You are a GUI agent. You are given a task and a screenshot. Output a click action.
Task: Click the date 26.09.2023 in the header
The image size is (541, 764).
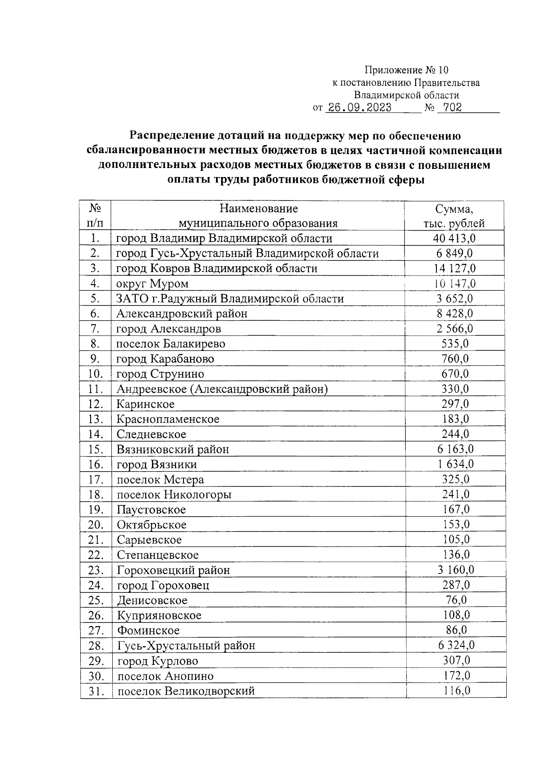359,108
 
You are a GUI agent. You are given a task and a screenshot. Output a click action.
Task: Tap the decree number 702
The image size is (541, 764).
452,108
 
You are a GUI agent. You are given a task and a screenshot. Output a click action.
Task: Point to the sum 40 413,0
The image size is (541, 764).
454,238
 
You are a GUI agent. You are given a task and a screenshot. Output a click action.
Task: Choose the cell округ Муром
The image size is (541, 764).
152,284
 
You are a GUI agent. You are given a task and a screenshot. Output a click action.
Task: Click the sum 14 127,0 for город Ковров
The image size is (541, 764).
454,268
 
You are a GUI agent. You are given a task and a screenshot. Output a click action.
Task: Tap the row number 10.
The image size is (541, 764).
96,374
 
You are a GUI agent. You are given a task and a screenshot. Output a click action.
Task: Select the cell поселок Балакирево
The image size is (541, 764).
171,344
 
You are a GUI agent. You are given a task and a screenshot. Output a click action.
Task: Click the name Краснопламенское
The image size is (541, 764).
168,419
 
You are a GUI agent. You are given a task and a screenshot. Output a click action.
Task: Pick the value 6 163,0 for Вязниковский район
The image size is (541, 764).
455,449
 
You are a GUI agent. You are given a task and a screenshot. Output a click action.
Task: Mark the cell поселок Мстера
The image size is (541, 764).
160,480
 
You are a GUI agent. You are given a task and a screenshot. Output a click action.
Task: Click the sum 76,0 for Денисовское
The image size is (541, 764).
456,600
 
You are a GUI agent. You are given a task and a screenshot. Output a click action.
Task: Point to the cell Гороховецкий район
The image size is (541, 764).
174,570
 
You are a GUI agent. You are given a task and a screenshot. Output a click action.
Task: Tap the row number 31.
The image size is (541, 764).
96,691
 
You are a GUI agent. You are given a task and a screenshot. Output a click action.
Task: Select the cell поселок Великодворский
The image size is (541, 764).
186,691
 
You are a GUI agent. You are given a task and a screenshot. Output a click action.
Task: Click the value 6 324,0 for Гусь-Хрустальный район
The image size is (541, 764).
456,646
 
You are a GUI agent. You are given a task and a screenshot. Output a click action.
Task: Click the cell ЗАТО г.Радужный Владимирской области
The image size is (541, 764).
230,299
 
